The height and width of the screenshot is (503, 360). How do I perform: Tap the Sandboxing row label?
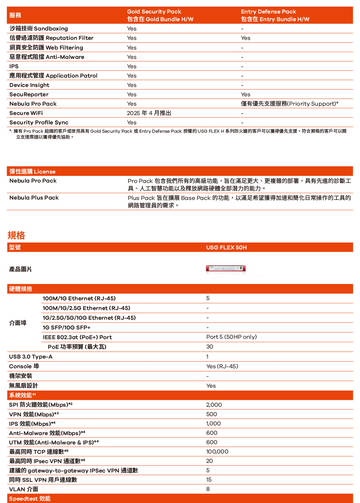click(x=39, y=28)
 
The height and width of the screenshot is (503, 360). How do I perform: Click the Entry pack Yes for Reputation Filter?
click(x=245, y=38)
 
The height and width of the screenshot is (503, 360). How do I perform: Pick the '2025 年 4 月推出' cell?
click(x=149, y=113)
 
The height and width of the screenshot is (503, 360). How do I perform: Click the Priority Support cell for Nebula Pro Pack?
click(x=289, y=104)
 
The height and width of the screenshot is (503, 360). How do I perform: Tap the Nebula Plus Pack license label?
click(x=34, y=197)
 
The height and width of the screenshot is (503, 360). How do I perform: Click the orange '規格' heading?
click(x=16, y=236)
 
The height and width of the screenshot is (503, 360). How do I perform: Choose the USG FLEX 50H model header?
click(x=226, y=247)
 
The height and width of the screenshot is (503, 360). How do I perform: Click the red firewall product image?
click(x=226, y=268)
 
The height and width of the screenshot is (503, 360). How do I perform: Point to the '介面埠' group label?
click(x=18, y=323)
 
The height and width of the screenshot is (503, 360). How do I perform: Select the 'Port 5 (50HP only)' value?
click(x=231, y=337)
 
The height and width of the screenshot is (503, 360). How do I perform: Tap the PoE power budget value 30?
click(x=209, y=346)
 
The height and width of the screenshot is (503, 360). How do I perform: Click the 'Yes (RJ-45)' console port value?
click(x=222, y=366)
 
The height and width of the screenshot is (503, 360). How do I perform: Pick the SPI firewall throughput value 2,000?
click(x=214, y=405)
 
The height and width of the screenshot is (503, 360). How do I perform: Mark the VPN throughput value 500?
click(x=211, y=414)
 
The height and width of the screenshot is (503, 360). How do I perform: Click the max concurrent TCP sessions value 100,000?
click(x=217, y=451)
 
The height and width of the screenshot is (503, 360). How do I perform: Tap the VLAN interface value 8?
click(x=208, y=489)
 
